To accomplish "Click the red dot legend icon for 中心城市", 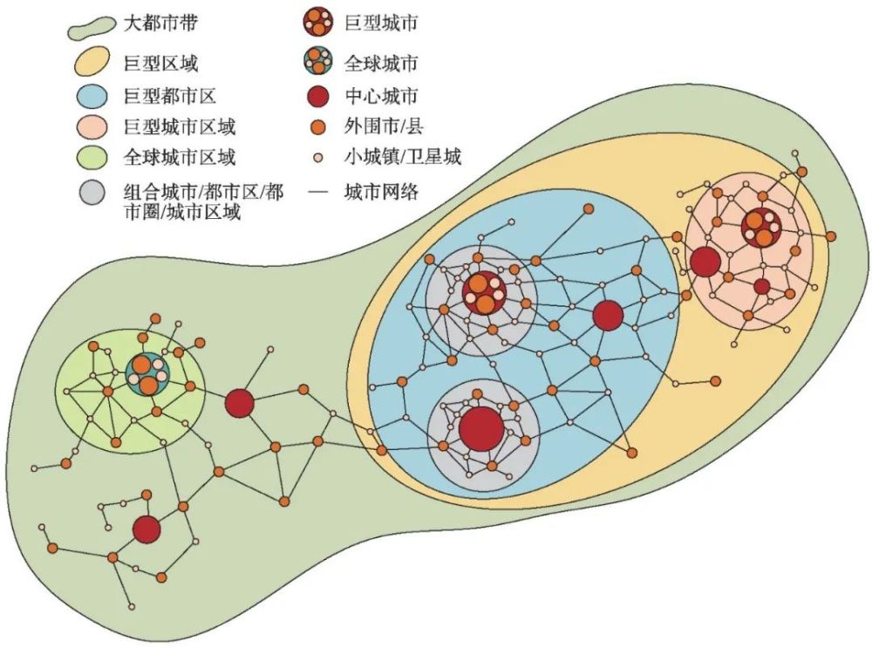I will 320,96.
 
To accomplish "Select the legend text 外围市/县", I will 384,127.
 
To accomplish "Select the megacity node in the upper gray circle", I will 484,292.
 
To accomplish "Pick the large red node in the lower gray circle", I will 480,428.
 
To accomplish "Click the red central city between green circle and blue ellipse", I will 239,403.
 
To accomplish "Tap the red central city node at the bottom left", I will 147,529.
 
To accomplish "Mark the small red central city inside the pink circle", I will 761,286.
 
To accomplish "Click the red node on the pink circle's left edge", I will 705,262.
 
